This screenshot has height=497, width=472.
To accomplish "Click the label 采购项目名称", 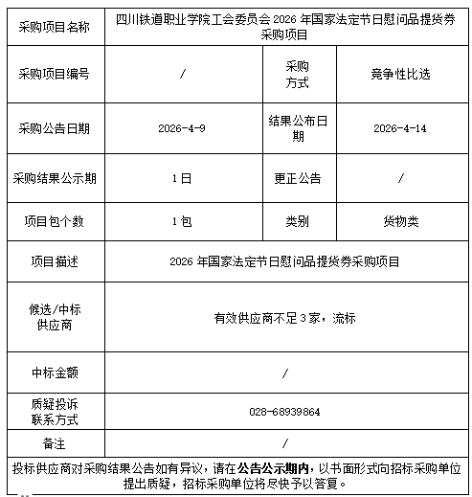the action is pos(54,27).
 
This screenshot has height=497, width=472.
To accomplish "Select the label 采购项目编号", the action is pos(54,74).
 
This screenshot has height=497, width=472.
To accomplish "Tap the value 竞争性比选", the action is pos(400,74).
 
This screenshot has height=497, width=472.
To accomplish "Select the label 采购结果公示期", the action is pos(54,178).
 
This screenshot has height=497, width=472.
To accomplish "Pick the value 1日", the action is pos(182,178).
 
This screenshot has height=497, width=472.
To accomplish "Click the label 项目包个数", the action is pos(54,220).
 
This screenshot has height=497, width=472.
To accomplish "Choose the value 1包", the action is pos(182,220).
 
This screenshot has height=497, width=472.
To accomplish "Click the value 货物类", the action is pos(400,220).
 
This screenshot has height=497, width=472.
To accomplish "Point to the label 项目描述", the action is pos(54,261).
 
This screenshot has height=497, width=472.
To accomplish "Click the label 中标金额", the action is pos(54,371).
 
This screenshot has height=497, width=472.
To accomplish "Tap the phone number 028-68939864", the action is pos(284,411).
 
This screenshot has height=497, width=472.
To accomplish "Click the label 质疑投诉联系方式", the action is pos(54,411).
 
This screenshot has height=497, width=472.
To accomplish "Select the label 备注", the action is pos(54,443).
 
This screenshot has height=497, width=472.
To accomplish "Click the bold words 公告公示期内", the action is pos(274,467).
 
